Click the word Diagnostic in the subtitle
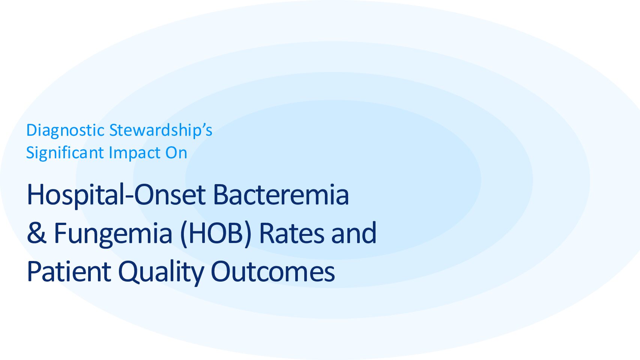(65, 131)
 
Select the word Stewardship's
(161, 131)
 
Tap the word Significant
(65, 153)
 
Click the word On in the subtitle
(176, 153)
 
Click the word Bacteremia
(281, 195)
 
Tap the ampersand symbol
(36, 233)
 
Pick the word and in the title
(354, 233)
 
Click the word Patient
(69, 271)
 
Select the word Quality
(161, 273)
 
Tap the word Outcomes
(273, 271)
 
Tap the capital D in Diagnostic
(32, 130)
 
